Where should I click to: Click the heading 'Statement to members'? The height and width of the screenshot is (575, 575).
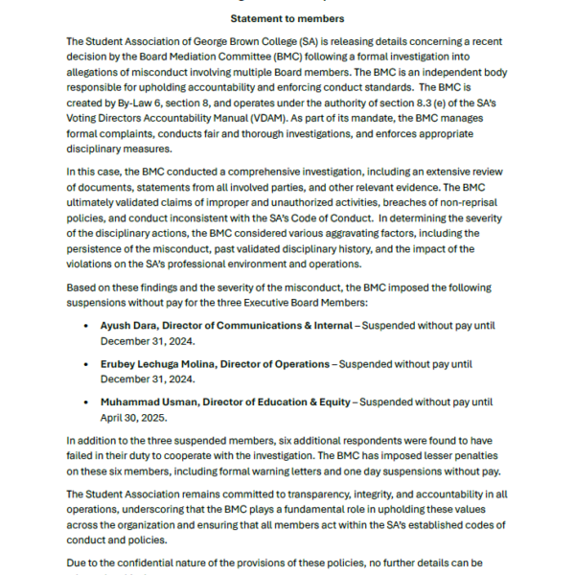pos(287,18)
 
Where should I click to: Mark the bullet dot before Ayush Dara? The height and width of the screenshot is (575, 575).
pos(88,326)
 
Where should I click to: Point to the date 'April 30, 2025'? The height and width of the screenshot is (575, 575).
pos(137,418)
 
